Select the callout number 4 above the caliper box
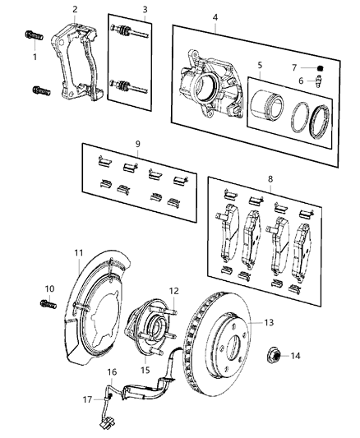click(215, 17)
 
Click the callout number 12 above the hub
click(174, 291)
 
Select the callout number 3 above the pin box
click(145, 10)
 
